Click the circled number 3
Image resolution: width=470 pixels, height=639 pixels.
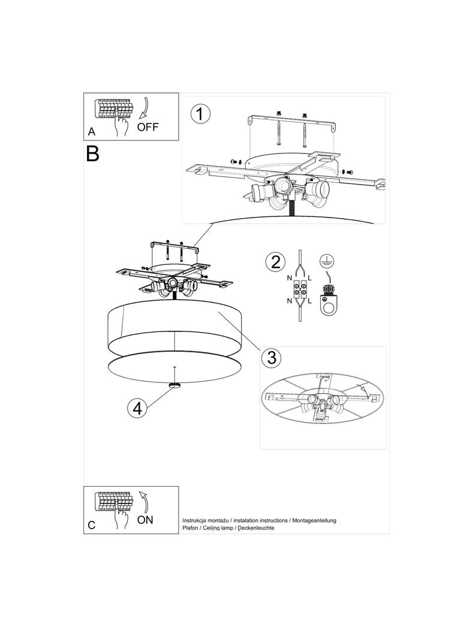tap(272, 358)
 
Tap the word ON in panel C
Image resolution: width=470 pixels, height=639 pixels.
tap(145, 520)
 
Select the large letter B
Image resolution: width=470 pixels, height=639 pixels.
tap(92, 154)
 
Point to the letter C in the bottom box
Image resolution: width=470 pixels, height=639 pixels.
tap(91, 525)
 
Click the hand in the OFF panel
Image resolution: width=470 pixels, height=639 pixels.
tap(122, 125)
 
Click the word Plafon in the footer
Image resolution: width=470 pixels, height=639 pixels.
tap(192, 528)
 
